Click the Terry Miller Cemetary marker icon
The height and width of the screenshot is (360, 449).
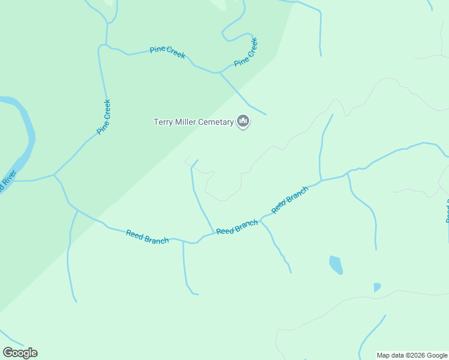[243, 122]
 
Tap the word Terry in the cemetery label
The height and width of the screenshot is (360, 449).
[164, 122]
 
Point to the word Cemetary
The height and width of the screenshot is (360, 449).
[216, 122]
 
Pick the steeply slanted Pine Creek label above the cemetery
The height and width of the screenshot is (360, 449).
[246, 52]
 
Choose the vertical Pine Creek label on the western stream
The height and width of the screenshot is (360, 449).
[104, 116]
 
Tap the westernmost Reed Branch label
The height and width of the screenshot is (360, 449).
[147, 236]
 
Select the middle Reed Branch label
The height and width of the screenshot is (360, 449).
[237, 227]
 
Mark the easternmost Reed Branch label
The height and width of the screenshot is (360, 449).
[290, 200]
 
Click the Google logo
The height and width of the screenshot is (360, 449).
[20, 353]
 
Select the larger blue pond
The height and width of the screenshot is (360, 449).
[336, 264]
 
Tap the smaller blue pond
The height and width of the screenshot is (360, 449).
[376, 287]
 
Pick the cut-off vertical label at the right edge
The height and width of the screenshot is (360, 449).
[447, 214]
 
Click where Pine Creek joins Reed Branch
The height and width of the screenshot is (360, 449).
[55, 175]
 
